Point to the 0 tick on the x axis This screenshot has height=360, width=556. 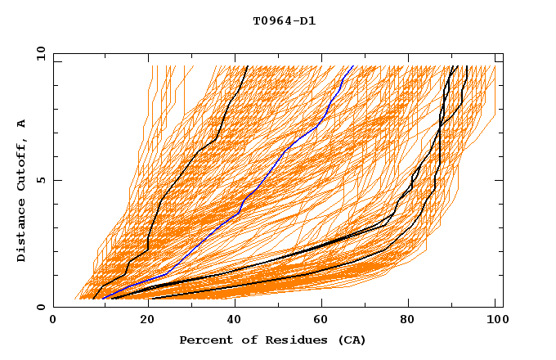click(53, 321)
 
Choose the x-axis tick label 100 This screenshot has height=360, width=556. click(495, 321)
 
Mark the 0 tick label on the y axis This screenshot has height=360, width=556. click(40, 307)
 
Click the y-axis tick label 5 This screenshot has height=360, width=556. click(40, 180)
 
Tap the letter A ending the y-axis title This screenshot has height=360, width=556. click(21, 124)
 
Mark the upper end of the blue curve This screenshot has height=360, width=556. click(352, 67)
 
